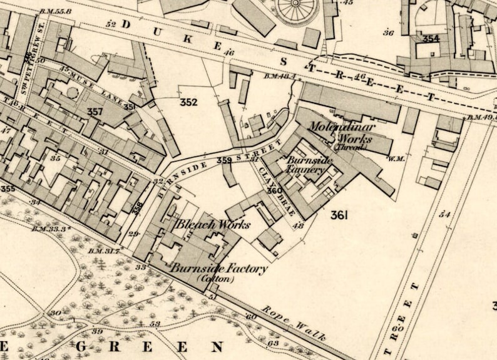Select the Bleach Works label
[213, 224]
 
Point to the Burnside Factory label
[219, 269]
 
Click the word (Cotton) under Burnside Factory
[215, 279]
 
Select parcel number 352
[188, 102]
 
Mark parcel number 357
[95, 111]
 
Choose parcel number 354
[431, 39]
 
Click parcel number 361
[339, 215]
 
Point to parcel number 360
[274, 190]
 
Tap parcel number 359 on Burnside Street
[225, 161]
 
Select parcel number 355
[8, 188]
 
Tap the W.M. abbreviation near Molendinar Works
[395, 158]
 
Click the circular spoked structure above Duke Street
[296, 8]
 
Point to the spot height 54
[445, 214]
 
